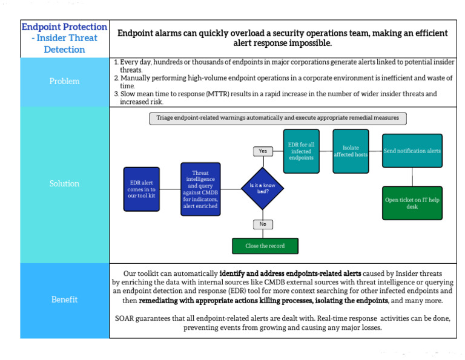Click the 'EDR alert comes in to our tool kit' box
tap(141, 189)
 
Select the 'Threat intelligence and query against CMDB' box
tap(200, 189)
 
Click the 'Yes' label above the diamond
tap(262, 151)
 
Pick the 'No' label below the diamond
tap(262, 224)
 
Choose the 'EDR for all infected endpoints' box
tap(302, 151)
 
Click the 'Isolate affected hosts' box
tap(351, 151)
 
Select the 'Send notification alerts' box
tap(412, 151)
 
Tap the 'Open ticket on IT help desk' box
tap(412, 203)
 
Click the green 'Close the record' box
tap(265, 246)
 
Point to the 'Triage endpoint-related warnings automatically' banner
tap(278, 119)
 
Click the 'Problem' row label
tap(64, 82)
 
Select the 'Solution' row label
tap(64, 183)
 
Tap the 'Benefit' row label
tap(64, 299)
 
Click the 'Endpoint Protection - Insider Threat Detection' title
tap(64, 38)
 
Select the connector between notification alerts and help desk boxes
tap(412, 177)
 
